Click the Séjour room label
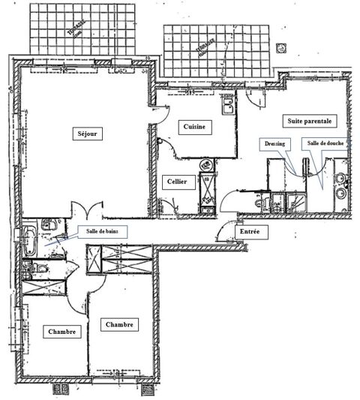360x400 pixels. coord(88,135)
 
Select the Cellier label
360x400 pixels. coord(178,181)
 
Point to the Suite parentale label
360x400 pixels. coord(308,120)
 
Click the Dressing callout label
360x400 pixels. coord(275,143)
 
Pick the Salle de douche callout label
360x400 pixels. coord(322,143)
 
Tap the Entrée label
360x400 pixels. coord(250,233)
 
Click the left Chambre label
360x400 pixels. coord(61,332)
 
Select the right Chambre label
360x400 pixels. coord(120,325)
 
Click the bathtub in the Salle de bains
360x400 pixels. coord(28,239)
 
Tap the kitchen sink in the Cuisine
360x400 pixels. coord(227,103)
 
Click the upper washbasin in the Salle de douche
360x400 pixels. coord(342,179)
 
